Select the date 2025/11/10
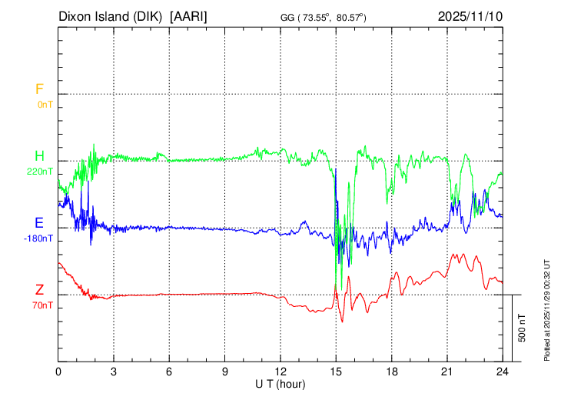(x=469, y=16)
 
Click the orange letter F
(x=39, y=89)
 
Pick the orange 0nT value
(x=45, y=104)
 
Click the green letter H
(x=39, y=156)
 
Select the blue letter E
(x=39, y=223)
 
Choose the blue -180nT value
(x=39, y=238)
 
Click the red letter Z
(x=39, y=290)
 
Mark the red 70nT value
(x=42, y=305)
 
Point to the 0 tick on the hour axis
(x=58, y=371)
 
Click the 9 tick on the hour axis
(x=225, y=371)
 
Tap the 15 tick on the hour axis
(x=336, y=371)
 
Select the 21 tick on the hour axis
(x=446, y=371)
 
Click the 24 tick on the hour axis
(x=502, y=371)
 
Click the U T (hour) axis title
(x=281, y=382)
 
